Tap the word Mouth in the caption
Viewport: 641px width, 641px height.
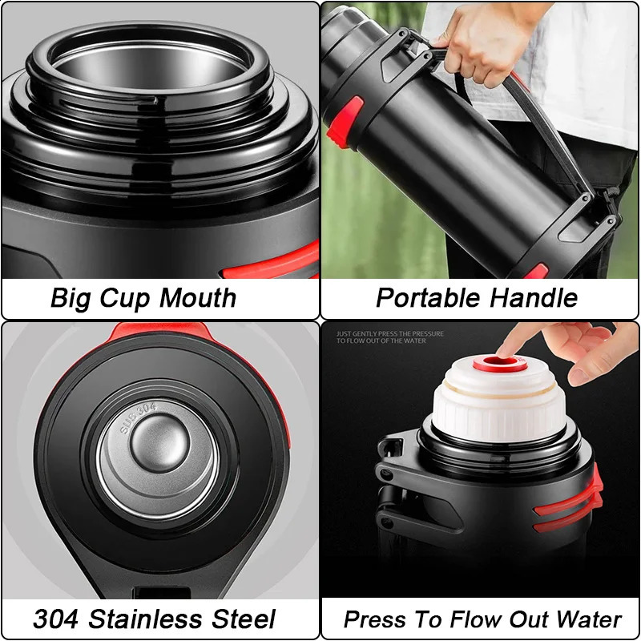[x=197, y=298]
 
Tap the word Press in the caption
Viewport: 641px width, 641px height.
[x=371, y=619]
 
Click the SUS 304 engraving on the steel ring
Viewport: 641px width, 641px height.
[x=137, y=419]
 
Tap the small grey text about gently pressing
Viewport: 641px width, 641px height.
[x=385, y=337]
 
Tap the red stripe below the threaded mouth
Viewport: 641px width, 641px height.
[x=272, y=264]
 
